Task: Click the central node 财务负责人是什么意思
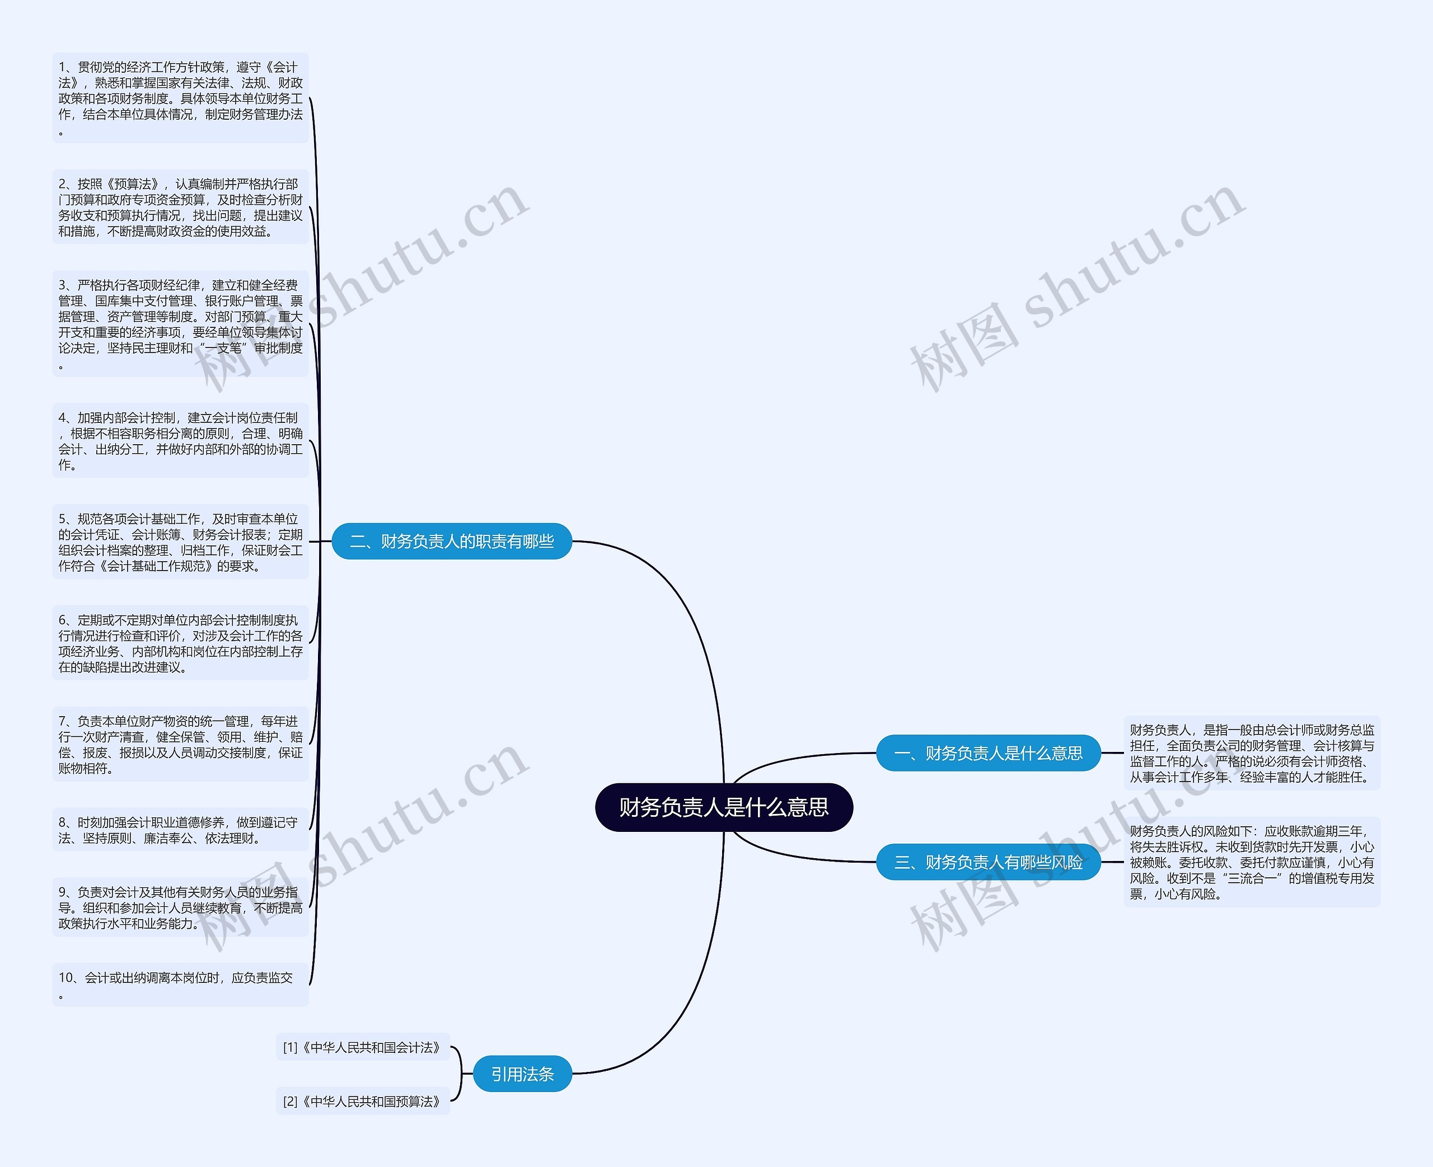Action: point(724,807)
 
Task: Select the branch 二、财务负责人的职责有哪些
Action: point(451,541)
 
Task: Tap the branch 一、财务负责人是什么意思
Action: point(988,753)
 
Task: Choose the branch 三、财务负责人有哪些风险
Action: point(988,862)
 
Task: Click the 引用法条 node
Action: point(522,1074)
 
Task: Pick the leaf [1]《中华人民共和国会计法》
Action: point(363,1047)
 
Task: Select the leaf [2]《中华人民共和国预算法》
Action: point(363,1101)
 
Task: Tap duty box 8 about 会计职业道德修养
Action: point(180,830)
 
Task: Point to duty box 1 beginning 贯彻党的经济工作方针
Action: point(180,98)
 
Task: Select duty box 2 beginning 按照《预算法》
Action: point(180,207)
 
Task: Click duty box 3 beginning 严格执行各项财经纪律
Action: point(180,324)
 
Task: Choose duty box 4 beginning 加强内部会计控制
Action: point(180,441)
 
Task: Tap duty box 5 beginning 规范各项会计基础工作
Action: point(180,542)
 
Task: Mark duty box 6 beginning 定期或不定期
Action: point(180,643)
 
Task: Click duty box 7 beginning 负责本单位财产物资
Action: point(180,744)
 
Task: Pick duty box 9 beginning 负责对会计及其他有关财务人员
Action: point(180,907)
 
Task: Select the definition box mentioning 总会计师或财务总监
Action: point(1252,753)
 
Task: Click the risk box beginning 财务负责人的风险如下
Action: point(1252,862)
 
